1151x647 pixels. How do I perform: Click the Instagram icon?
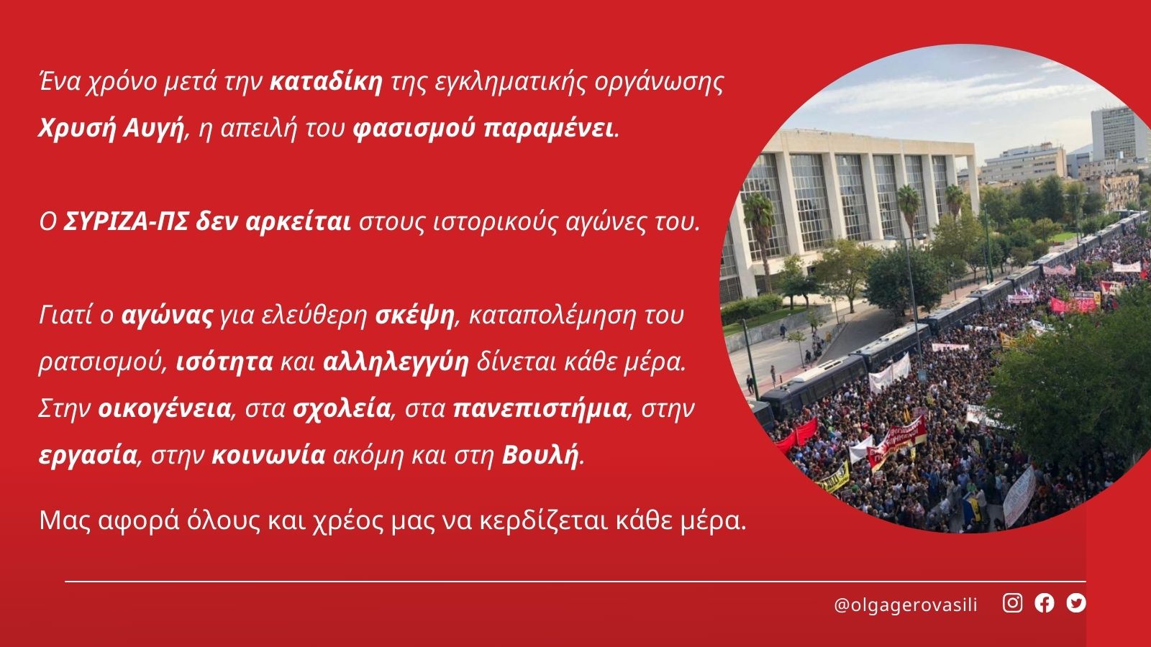pos(1012,603)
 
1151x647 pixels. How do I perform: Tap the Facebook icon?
pos(1044,603)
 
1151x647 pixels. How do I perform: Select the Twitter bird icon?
pos(1076,603)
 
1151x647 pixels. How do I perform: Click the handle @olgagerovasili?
pos(906,605)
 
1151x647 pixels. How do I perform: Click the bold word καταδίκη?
pos(327,82)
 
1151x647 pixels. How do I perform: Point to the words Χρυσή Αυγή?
pos(111,129)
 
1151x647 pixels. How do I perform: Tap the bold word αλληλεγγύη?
pos(396,362)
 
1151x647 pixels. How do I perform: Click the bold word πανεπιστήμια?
pos(540,409)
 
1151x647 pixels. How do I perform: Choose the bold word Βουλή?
pos(540,455)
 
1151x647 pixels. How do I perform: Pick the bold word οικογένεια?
pos(164,409)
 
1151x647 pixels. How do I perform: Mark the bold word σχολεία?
pos(341,409)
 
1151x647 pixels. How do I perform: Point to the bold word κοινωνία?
pos(268,455)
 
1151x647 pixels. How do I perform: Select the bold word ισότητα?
pos(224,362)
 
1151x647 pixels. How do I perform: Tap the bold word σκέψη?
pos(414,316)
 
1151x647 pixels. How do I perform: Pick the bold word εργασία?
pos(88,456)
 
